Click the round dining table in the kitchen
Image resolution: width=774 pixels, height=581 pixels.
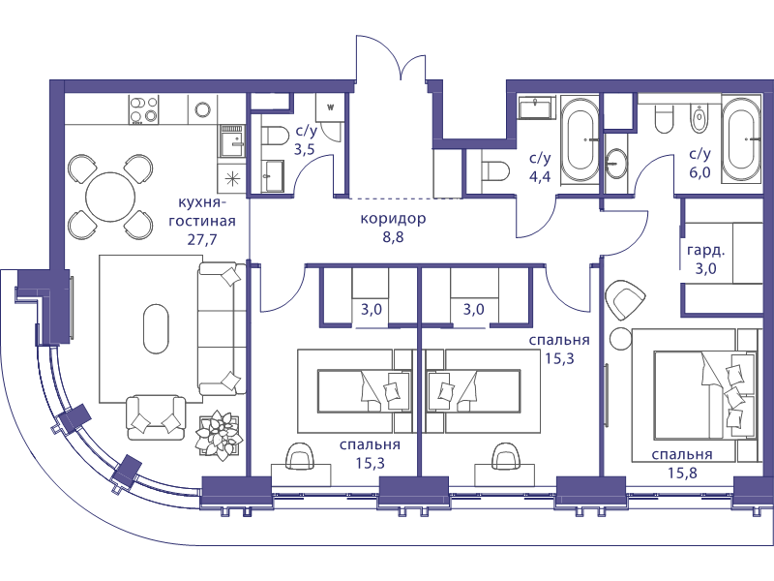[110, 198]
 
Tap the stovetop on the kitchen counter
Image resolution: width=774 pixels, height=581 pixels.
[143, 109]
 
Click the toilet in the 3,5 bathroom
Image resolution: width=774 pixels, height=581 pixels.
[274, 136]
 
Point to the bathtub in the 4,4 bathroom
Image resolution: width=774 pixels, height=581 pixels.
[580, 140]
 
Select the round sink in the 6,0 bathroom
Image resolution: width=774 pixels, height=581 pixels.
[615, 163]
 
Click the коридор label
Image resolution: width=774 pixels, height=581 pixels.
[393, 219]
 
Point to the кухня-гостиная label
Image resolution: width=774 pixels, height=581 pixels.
[202, 211]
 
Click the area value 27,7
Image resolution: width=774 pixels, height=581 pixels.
[202, 239]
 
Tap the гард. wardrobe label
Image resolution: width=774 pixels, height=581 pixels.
[706, 251]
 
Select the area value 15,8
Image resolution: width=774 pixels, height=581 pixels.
[683, 473]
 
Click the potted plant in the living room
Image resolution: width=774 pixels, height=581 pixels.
[219, 435]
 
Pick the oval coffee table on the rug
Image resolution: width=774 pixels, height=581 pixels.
[156, 328]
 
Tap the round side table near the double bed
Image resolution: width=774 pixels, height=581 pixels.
[620, 339]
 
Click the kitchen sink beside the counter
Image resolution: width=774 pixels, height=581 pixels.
[232, 140]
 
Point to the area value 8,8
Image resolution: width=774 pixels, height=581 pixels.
[393, 237]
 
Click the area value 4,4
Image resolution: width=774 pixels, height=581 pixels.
[540, 176]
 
